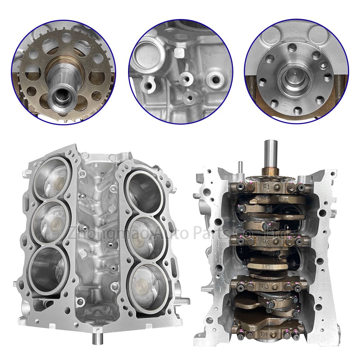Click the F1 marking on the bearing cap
[266, 187]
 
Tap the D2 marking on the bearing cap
[265, 242]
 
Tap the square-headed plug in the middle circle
[179, 52]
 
